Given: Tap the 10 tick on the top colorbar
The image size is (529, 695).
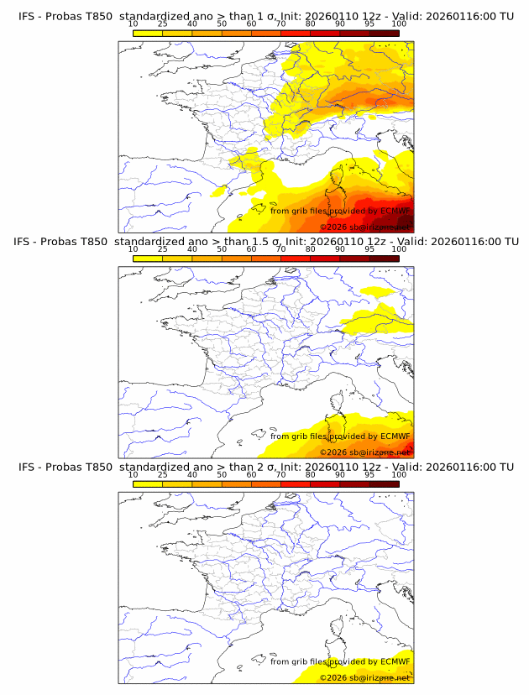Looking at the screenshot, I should click(x=133, y=24).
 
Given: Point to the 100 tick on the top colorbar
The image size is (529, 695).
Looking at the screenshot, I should click(x=399, y=24).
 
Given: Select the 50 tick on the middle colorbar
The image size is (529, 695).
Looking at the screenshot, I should click(x=222, y=249).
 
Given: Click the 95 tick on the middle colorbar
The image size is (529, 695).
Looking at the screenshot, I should click(x=369, y=249).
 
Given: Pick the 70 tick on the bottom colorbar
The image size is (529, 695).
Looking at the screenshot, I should click(x=280, y=474).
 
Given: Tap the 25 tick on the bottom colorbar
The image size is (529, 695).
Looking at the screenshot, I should click(x=162, y=474).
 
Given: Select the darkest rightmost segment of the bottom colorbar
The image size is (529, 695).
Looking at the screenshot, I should click(x=384, y=483).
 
